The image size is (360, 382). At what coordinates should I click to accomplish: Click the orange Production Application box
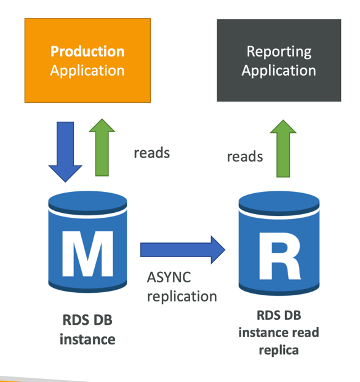(x=87, y=60)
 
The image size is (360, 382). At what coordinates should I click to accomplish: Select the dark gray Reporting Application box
(x=279, y=60)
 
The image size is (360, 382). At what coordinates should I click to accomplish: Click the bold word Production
(x=87, y=52)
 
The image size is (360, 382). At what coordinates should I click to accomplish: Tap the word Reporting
(x=279, y=52)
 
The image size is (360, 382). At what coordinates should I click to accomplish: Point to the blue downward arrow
(x=65, y=151)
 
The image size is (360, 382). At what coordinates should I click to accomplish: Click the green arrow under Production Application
(x=102, y=148)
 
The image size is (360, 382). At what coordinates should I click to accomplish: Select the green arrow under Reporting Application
(x=283, y=148)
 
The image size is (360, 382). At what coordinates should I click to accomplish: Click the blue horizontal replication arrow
(x=183, y=250)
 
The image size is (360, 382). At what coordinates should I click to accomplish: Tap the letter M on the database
(x=88, y=253)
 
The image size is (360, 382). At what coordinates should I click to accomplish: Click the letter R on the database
(x=280, y=256)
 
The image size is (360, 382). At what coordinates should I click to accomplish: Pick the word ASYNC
(x=169, y=277)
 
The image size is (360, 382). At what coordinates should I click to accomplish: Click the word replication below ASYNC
(x=182, y=296)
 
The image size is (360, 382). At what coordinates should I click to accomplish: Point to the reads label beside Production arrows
(x=152, y=153)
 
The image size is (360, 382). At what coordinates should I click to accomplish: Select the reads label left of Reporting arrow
(x=245, y=156)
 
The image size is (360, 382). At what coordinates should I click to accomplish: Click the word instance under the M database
(x=87, y=340)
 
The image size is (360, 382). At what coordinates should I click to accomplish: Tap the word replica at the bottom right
(x=279, y=351)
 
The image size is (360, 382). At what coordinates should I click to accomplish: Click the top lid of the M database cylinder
(x=87, y=203)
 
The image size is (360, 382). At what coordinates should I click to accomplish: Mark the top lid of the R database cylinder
(x=279, y=203)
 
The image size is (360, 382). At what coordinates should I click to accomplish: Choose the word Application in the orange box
(x=87, y=71)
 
